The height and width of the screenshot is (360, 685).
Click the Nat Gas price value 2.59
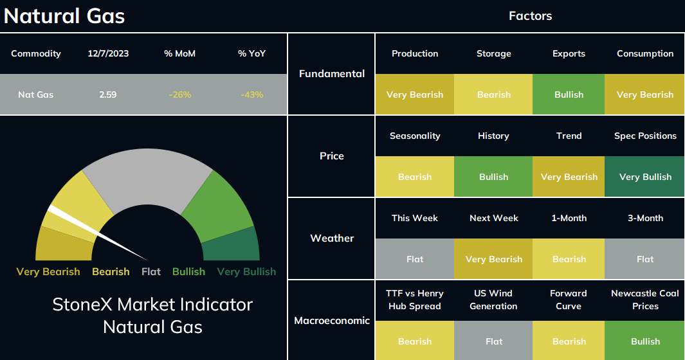(x=107, y=94)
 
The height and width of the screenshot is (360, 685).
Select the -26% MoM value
(x=179, y=94)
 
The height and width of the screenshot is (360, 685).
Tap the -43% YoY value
(x=251, y=94)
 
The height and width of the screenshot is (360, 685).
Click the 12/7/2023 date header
(x=108, y=53)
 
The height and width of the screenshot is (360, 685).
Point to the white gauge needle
(x=97, y=233)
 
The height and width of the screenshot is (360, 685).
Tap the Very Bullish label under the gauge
(x=246, y=271)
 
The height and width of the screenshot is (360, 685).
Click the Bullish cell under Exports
(x=569, y=94)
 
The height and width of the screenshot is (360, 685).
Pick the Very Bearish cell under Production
(x=415, y=94)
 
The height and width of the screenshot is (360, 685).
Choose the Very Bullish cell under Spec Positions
(x=645, y=177)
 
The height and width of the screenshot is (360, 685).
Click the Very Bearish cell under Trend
(x=569, y=177)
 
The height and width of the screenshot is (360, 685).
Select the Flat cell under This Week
(x=415, y=258)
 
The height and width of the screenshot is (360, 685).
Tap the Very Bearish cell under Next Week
(x=493, y=258)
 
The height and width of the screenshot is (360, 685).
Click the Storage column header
(x=494, y=53)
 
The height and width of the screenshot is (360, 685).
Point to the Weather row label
(x=332, y=238)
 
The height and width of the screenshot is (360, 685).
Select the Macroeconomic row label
(x=332, y=320)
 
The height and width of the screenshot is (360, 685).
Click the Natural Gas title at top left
(x=64, y=16)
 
